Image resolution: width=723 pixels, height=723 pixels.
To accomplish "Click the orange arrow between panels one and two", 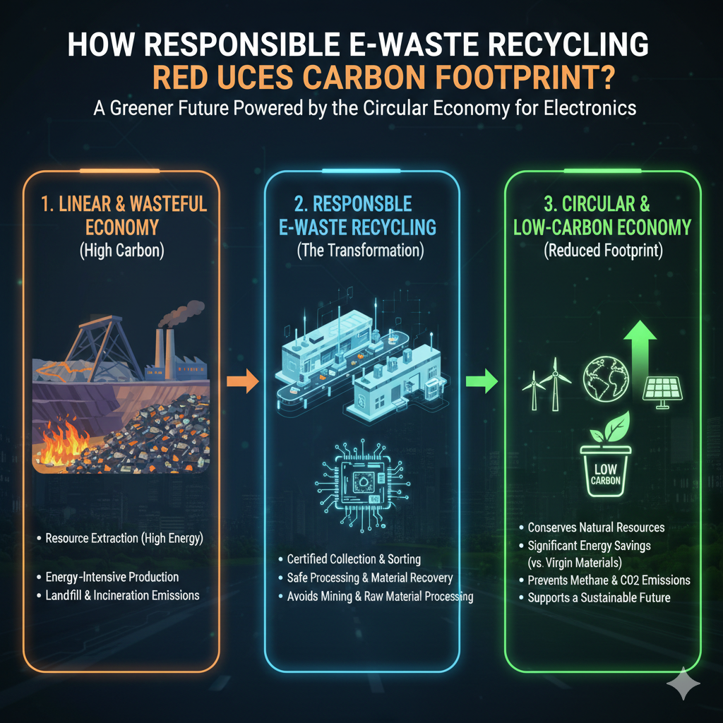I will pos(241,383).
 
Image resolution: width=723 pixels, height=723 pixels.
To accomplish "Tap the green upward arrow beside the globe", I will pos(643,347).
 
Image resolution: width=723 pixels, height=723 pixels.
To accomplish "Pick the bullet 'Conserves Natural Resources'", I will pos(596,527).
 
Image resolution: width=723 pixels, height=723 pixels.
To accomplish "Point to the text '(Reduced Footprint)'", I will pos(602,252).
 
